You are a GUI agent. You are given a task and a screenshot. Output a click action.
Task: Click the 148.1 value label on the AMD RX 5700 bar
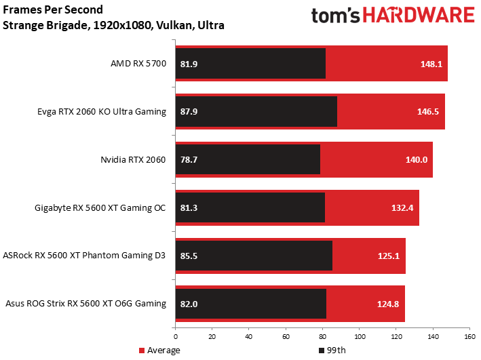click(431, 64)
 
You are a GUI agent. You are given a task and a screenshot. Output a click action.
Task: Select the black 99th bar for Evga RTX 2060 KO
click(256, 111)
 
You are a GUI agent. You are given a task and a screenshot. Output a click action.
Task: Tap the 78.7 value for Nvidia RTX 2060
click(189, 160)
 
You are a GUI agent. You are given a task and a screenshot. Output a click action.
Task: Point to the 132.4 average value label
click(402, 208)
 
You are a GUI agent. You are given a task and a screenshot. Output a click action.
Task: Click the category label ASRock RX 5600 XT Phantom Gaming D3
click(84, 256)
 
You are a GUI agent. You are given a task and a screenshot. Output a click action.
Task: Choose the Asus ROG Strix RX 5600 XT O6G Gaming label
click(86, 304)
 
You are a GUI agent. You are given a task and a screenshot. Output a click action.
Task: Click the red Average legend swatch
click(142, 351)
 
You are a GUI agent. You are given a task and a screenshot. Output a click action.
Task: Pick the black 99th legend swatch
click(322, 351)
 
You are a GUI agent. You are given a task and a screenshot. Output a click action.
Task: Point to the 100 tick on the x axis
click(360, 337)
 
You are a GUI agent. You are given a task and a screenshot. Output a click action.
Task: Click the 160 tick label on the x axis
click(470, 337)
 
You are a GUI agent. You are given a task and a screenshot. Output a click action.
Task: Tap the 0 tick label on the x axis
click(176, 337)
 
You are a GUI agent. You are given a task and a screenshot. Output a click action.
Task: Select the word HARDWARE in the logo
click(419, 16)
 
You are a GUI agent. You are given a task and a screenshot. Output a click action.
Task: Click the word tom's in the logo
click(336, 16)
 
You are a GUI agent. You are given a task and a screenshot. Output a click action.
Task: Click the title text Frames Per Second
click(53, 9)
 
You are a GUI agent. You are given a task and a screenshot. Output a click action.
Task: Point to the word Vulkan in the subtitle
click(174, 25)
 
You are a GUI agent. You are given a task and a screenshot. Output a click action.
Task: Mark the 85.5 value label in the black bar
click(189, 256)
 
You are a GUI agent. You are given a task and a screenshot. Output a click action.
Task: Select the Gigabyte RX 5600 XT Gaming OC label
click(100, 208)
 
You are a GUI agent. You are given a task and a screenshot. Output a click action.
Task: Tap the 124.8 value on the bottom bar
click(388, 304)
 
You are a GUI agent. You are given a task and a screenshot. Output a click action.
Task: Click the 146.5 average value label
click(428, 112)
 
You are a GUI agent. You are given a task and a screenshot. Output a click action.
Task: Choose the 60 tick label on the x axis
click(286, 337)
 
